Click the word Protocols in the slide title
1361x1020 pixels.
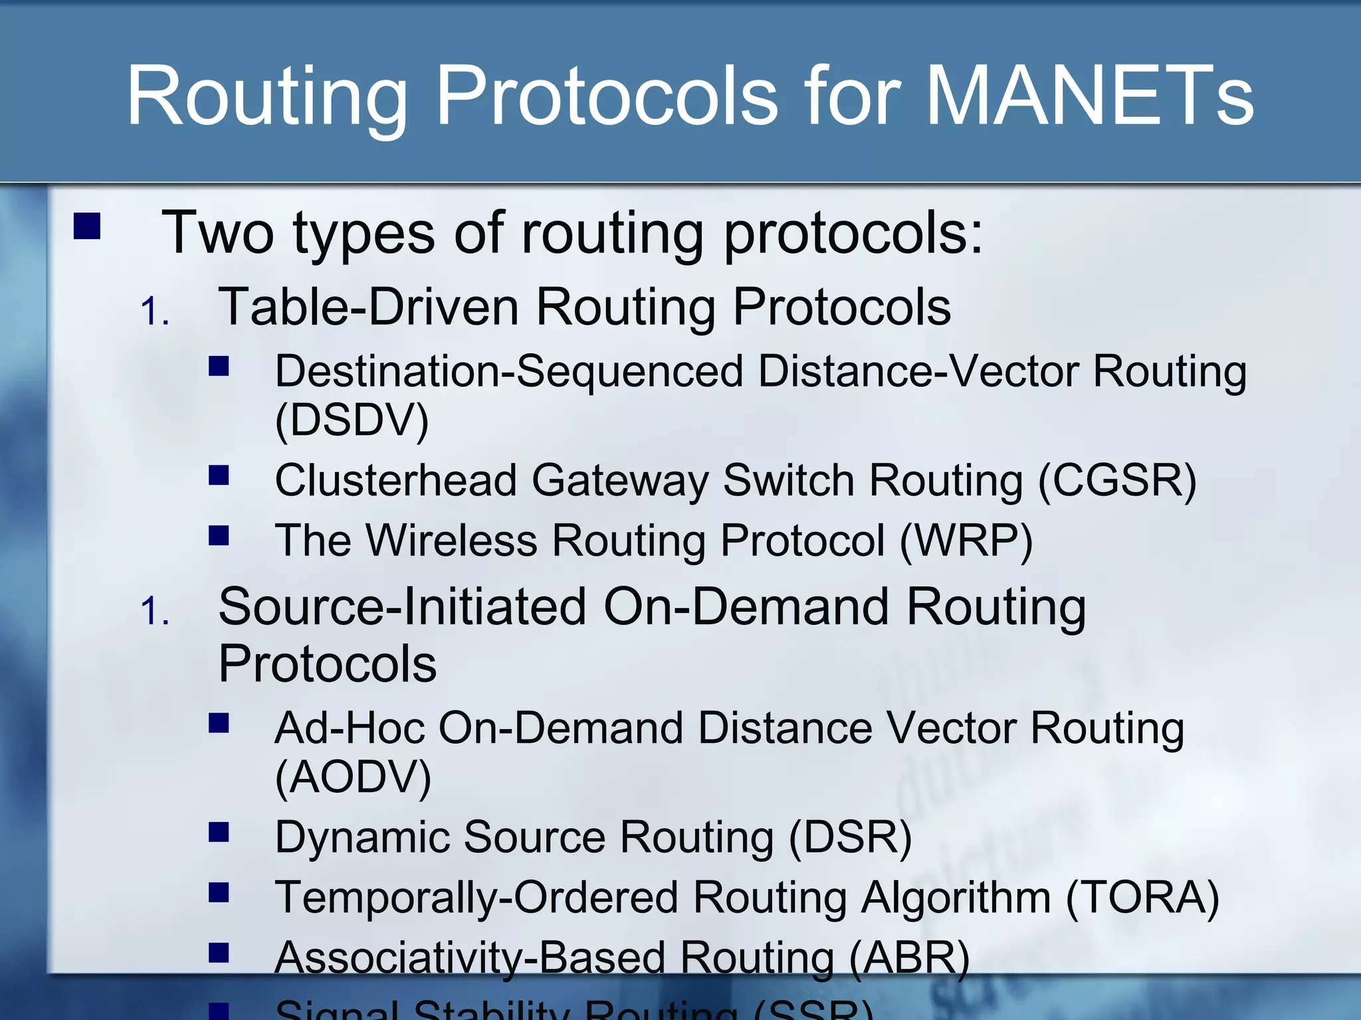point(606,96)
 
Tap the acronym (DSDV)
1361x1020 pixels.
point(352,420)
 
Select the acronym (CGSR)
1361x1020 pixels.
point(1117,481)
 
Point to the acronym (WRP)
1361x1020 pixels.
point(966,541)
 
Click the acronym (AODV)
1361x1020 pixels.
point(354,777)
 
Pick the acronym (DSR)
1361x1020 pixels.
point(850,837)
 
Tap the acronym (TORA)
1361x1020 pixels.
point(1142,898)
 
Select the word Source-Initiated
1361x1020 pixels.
point(402,607)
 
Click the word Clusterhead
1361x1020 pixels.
point(396,481)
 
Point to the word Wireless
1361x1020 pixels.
point(452,541)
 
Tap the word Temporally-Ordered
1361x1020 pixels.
point(476,898)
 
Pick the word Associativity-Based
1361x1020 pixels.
point(470,958)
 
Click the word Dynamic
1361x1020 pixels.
point(362,837)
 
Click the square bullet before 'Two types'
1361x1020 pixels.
point(87,226)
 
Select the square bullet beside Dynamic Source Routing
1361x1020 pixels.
point(219,832)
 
